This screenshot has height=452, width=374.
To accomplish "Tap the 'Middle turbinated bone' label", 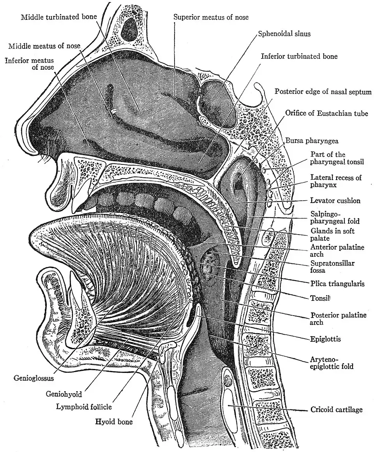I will tap(58, 17).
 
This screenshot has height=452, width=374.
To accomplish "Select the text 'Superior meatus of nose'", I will tap(211, 17).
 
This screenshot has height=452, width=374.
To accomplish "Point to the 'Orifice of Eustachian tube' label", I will tap(326, 113).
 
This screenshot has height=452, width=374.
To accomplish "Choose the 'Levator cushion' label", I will tap(335, 201).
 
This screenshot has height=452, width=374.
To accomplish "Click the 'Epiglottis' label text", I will tap(326, 339).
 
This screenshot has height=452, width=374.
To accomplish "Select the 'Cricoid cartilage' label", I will tap(337, 410).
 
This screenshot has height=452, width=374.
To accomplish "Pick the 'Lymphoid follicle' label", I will tap(84, 407).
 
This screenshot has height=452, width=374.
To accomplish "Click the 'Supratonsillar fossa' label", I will tap(332, 267).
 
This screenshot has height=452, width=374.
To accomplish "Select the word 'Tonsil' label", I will tap(320, 298).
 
